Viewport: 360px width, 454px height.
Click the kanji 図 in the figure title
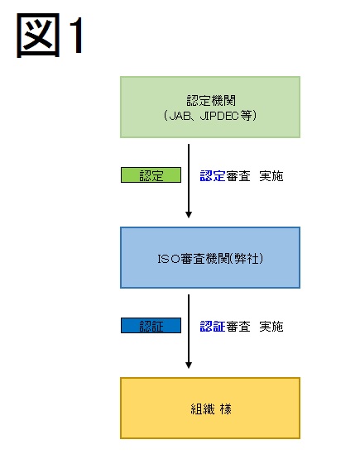38,35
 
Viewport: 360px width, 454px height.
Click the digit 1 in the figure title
76,35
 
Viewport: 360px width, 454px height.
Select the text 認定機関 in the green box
211,100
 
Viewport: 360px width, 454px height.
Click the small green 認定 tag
151,174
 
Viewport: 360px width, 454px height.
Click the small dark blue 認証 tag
151,326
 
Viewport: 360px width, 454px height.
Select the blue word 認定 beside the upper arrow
213,176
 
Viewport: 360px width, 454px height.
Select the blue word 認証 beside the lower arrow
213,327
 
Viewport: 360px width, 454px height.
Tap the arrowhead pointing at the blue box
189,214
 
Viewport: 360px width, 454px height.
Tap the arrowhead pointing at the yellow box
189,366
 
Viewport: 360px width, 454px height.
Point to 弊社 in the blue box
247,259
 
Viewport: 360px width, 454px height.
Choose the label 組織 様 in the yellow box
211,409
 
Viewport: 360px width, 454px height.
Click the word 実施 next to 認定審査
271,176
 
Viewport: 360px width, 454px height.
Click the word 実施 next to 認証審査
271,327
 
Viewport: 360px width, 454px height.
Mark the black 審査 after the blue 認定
238,176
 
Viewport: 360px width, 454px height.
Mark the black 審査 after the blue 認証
238,327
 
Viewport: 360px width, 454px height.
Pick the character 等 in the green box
246,116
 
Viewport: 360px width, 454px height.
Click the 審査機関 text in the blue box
205,259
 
